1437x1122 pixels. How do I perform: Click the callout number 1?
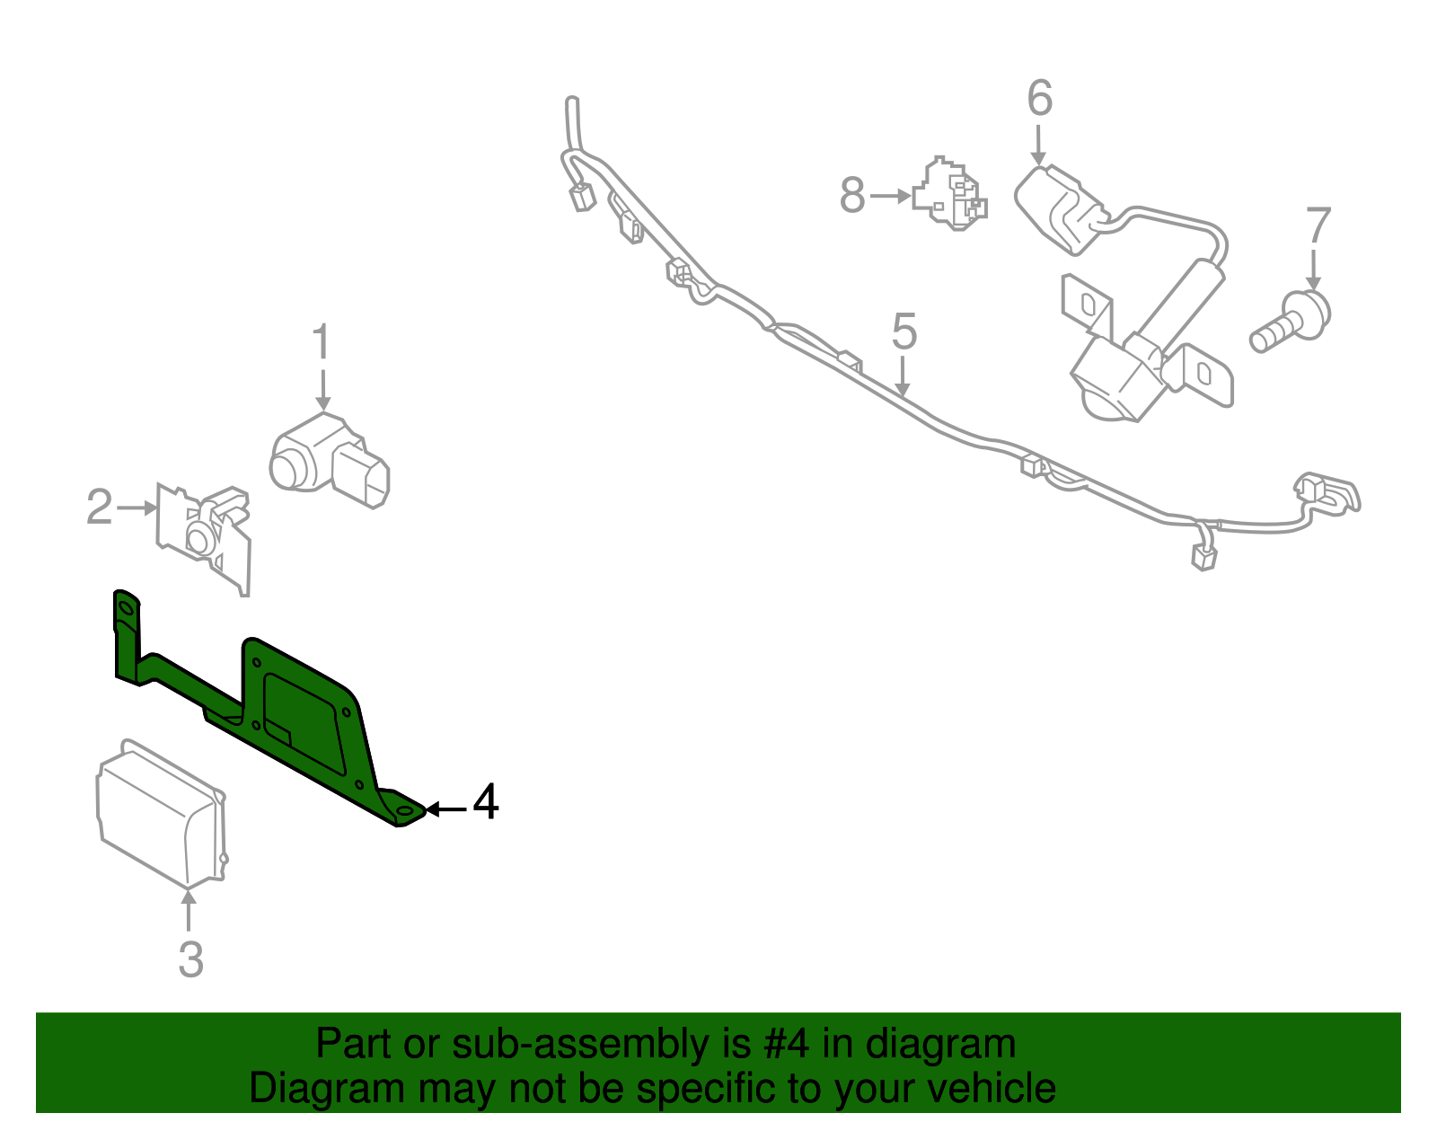[x=321, y=345]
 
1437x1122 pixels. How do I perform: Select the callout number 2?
[x=99, y=508]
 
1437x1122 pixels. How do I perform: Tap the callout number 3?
[x=190, y=959]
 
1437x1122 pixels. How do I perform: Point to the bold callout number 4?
[x=485, y=802]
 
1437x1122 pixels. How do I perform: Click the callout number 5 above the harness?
[x=904, y=332]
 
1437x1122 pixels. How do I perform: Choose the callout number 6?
[x=1039, y=99]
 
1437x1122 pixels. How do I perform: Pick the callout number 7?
[x=1317, y=225]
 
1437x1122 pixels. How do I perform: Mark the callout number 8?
[x=852, y=195]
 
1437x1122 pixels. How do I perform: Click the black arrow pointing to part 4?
[x=446, y=809]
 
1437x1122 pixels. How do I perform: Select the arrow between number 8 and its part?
[x=891, y=195]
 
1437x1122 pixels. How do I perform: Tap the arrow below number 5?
[x=903, y=377]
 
